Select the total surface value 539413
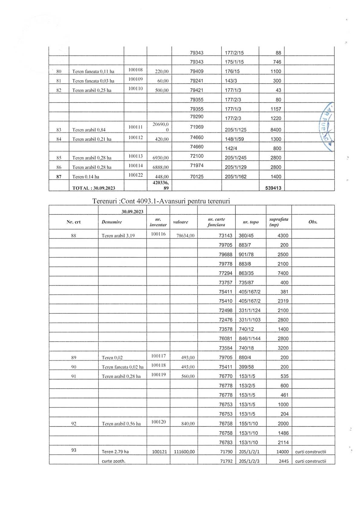(x=273, y=188)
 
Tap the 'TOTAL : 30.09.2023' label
(x=94, y=188)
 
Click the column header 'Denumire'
(x=112, y=222)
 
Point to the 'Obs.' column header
(x=313, y=222)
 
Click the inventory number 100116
(x=158, y=234)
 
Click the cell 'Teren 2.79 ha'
(x=115, y=452)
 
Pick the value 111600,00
(x=184, y=452)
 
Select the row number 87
(x=59, y=177)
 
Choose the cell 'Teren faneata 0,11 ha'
(x=93, y=72)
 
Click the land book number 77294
(x=225, y=273)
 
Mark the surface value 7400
(x=283, y=273)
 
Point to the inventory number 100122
(x=135, y=175)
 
